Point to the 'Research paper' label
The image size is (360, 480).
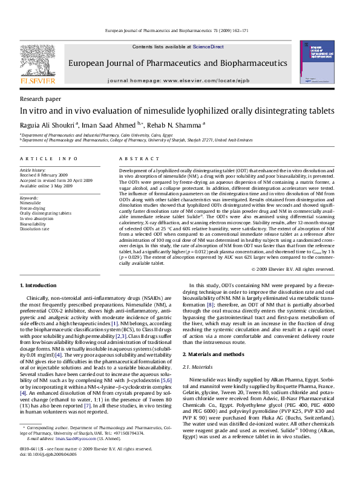click(x=36, y=99)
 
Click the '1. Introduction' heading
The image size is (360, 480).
click(x=39, y=284)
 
